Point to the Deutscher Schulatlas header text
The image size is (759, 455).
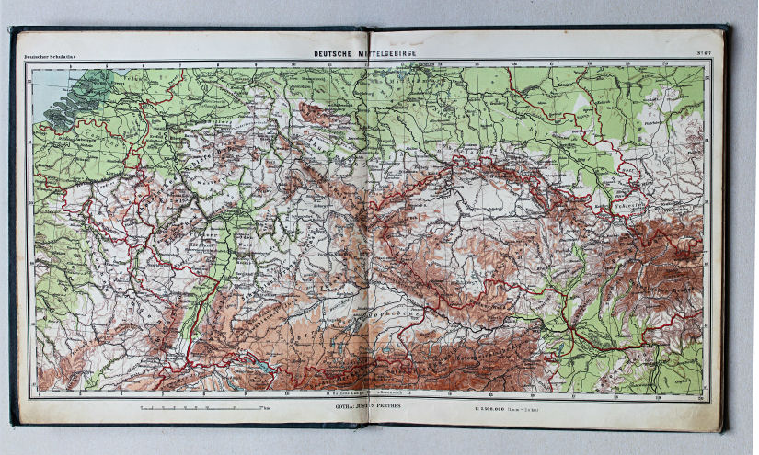point(51,57)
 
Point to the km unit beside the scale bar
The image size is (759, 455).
point(265,404)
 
